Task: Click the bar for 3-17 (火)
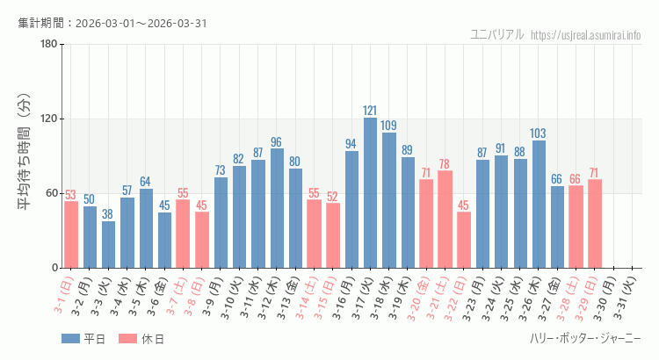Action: tap(370, 193)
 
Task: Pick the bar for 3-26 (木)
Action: tap(539, 204)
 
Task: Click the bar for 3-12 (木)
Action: tap(277, 208)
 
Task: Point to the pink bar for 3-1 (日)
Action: tap(71, 234)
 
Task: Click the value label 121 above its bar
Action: tap(370, 111)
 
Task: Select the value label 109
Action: tap(388, 126)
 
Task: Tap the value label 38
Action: tap(108, 214)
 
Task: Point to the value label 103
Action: tap(539, 133)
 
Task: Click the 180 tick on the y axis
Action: tap(49, 45)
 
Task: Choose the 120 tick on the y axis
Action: tap(49, 119)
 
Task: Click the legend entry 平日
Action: tap(83, 339)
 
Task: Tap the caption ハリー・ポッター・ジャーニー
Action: tap(585, 339)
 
